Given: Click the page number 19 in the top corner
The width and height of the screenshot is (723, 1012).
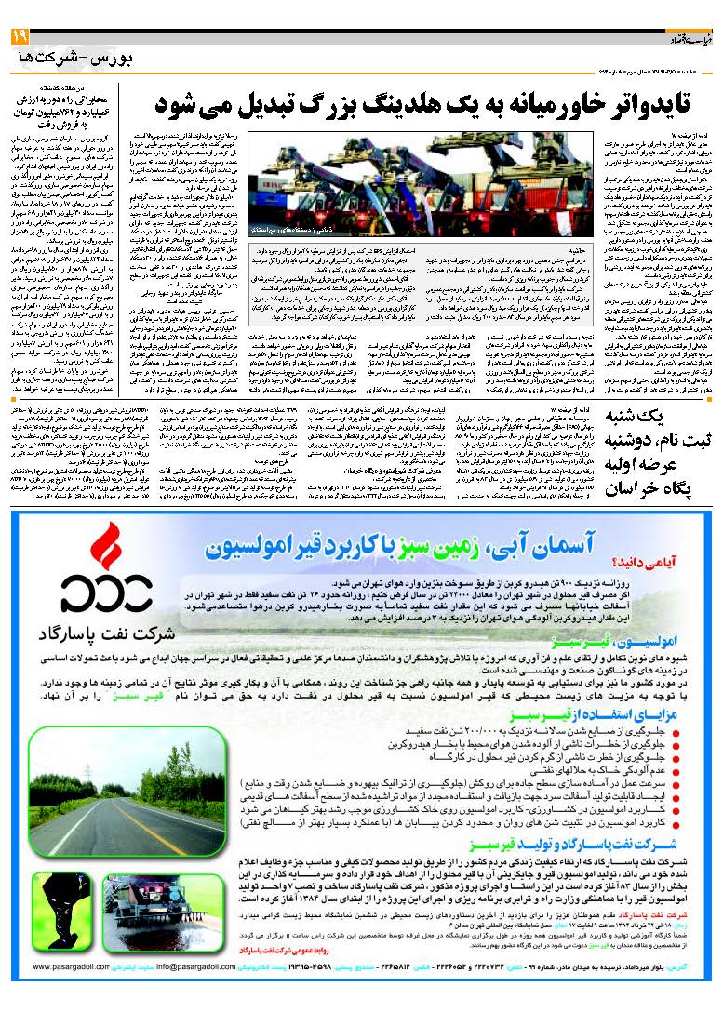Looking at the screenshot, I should tap(20, 38).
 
